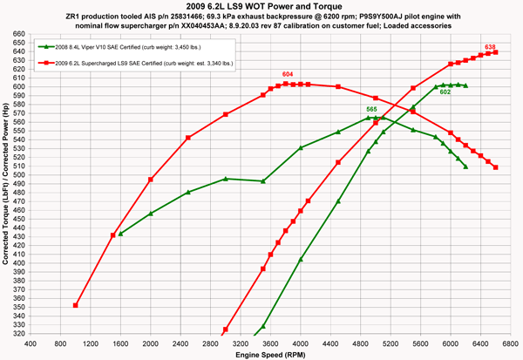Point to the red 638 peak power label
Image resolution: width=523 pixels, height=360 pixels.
pyautogui.click(x=491, y=46)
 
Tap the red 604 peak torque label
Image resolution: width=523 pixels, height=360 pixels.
pyautogui.click(x=288, y=76)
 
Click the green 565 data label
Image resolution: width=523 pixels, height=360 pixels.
pyautogui.click(x=371, y=110)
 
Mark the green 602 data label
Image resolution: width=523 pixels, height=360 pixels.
pyautogui.click(x=445, y=92)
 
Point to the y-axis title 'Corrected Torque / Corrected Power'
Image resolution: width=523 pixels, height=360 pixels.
pyautogui.click(x=6, y=183)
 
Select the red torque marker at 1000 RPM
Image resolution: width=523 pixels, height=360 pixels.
pyautogui.click(x=76, y=306)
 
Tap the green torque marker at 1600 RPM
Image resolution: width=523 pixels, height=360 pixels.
pyautogui.click(x=120, y=234)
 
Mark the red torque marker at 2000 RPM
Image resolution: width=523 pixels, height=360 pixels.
pyautogui.click(x=151, y=180)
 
